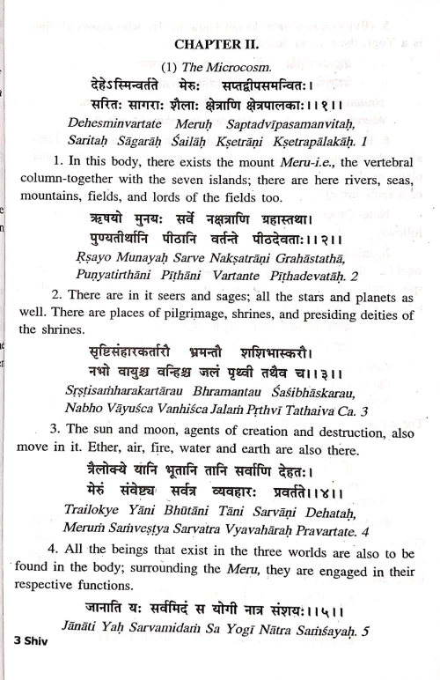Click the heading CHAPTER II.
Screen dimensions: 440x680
220,44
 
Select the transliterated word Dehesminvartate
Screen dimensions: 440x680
121,124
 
